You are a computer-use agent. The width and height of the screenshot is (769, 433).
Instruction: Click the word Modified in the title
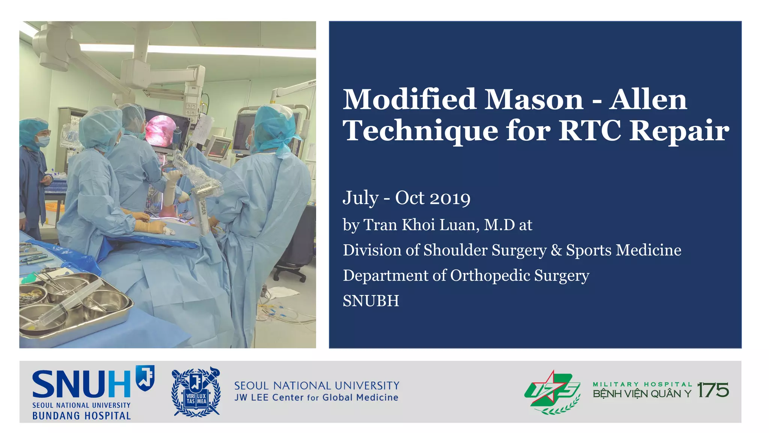click(410, 100)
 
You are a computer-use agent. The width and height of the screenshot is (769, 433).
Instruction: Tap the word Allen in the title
click(648, 100)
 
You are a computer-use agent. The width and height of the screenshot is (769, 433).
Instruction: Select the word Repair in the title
click(679, 131)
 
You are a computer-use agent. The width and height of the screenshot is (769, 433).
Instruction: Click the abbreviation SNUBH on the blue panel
click(371, 301)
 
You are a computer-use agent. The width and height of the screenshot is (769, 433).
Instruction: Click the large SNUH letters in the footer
click(81, 385)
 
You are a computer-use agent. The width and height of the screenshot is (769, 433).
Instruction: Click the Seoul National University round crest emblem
click(196, 392)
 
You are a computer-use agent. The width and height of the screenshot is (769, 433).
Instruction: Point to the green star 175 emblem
click(552, 392)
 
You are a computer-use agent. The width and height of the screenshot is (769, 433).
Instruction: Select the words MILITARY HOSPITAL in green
click(642, 384)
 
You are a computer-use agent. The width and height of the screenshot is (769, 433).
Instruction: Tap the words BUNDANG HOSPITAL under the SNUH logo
click(81, 416)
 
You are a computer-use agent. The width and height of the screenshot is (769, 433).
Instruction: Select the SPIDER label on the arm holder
click(203, 208)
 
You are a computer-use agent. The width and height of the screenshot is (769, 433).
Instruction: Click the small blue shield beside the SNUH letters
click(145, 376)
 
